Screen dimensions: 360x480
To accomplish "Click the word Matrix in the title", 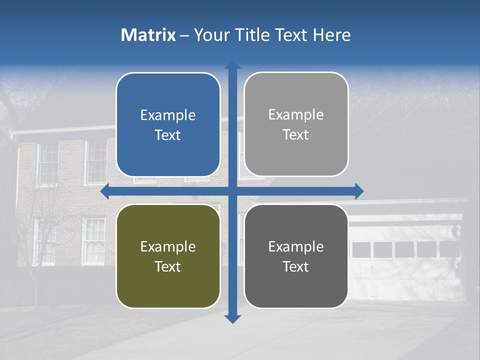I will pyautogui.click(x=148, y=35).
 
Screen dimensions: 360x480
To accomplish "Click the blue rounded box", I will pyautogui.click(x=168, y=124).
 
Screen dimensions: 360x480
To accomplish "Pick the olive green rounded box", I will pyautogui.click(x=168, y=256).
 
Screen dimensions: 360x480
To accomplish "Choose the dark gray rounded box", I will pyautogui.click(x=296, y=256).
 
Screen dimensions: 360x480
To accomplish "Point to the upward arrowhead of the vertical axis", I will pyautogui.click(x=232, y=65).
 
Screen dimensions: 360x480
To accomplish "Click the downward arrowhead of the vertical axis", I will pyautogui.click(x=232, y=318).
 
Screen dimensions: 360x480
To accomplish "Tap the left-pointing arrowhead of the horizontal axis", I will pyautogui.click(x=104, y=191).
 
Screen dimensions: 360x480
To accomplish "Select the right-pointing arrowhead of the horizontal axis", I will pyautogui.click(x=359, y=191).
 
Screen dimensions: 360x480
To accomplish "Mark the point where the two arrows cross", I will pyautogui.click(x=232, y=191).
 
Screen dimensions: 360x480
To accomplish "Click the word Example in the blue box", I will pyautogui.click(x=168, y=115).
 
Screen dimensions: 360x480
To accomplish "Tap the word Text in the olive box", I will pyautogui.click(x=168, y=266).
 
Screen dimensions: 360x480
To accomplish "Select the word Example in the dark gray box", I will pyautogui.click(x=296, y=246).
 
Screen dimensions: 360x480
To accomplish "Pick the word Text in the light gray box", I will pyautogui.click(x=296, y=134).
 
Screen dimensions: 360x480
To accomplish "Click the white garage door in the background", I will pyautogui.click(x=405, y=260).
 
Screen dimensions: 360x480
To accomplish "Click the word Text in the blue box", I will pyautogui.click(x=168, y=135).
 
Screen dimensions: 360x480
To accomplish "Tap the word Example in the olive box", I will pyautogui.click(x=168, y=246).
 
